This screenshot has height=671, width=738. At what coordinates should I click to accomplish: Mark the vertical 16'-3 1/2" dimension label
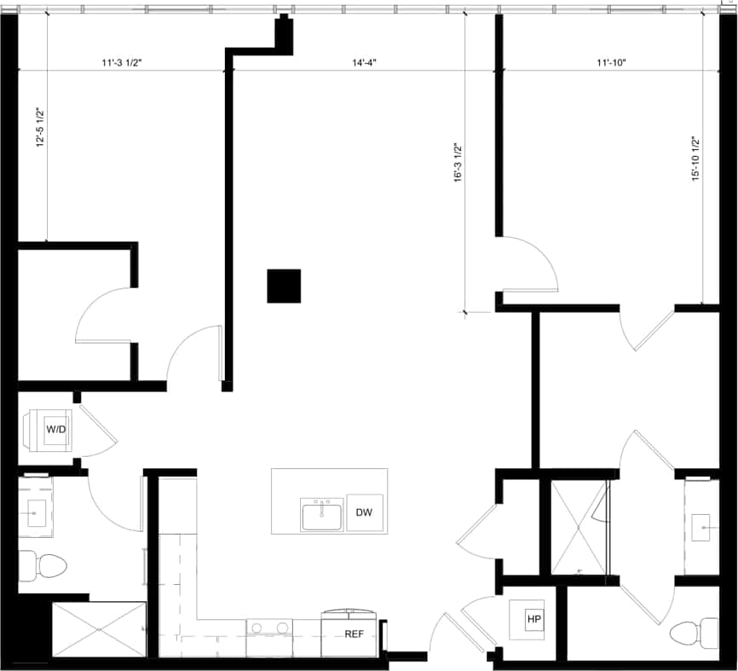tap(458, 162)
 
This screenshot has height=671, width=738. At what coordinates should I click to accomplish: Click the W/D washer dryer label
tap(57, 430)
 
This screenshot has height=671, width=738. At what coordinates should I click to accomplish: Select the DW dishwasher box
tap(365, 512)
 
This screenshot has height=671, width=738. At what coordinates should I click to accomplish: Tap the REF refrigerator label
tap(355, 634)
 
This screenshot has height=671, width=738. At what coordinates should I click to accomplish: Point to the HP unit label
tap(534, 619)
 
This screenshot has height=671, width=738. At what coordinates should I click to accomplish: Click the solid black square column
tap(284, 286)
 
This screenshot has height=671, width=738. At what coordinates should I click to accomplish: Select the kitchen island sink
tap(321, 515)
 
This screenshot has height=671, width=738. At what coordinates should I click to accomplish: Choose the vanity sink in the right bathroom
tap(704, 529)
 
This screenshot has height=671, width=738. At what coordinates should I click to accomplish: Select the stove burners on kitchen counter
tap(269, 629)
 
